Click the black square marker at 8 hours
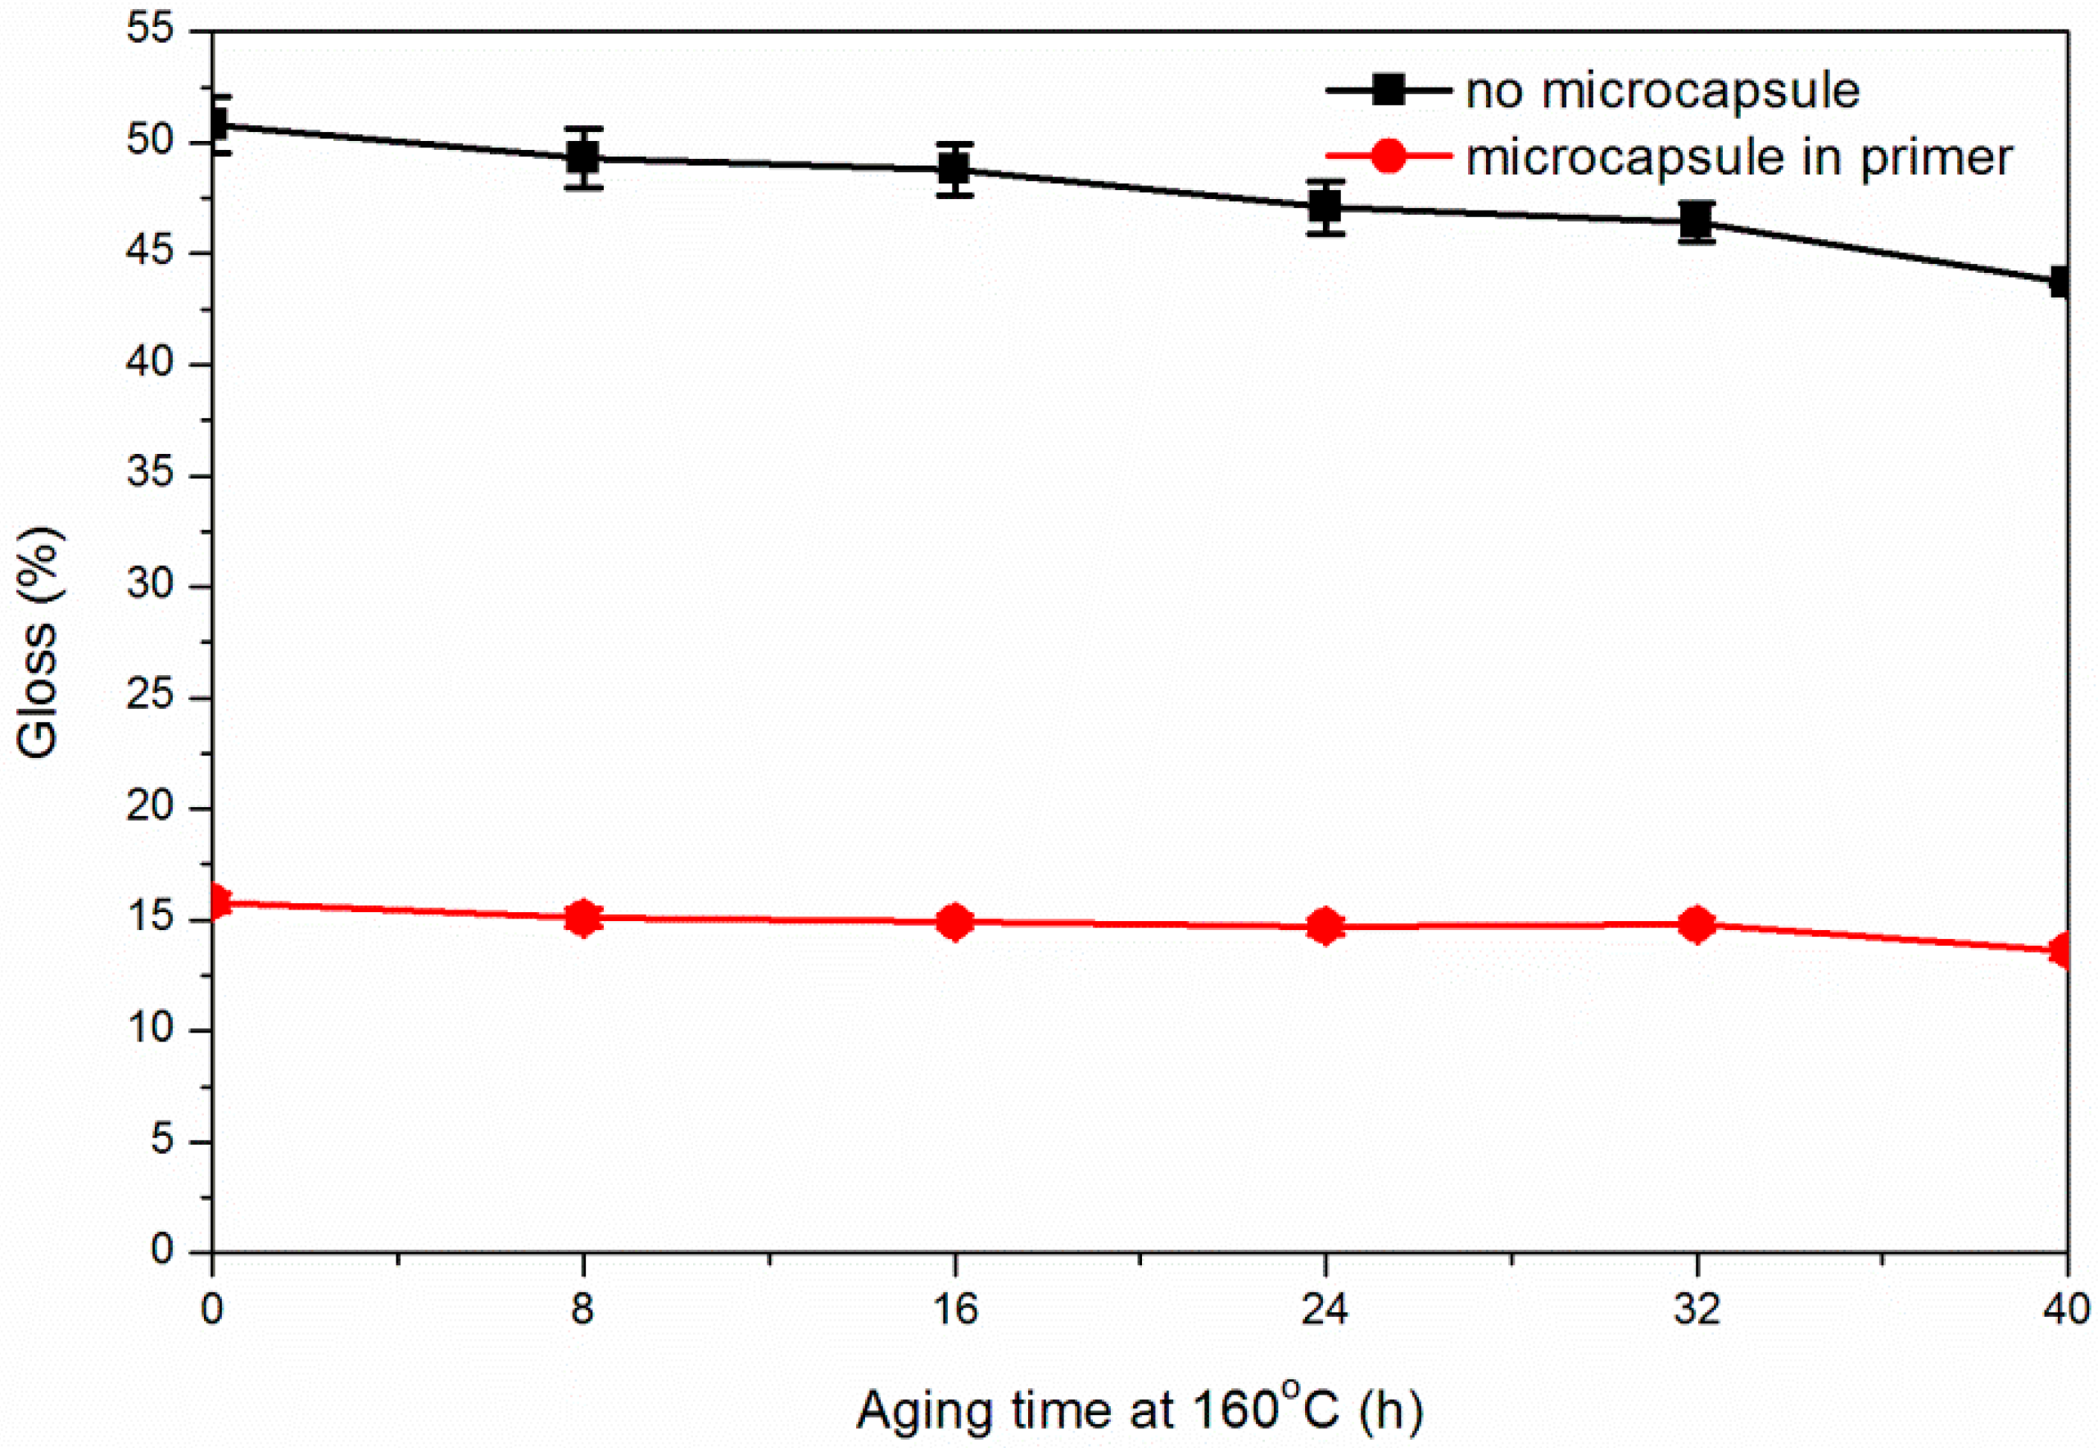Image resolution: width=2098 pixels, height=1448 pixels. pyautogui.click(x=583, y=158)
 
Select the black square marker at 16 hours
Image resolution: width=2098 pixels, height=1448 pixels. pyautogui.click(x=954, y=169)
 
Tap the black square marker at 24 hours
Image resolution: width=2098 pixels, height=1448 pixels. pyautogui.click(x=1325, y=207)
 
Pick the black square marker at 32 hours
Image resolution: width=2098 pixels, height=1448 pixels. pyautogui.click(x=1695, y=220)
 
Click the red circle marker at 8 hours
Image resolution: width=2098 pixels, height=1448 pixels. pyautogui.click(x=583, y=918)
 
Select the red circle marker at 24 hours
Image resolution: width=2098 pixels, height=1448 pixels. pyautogui.click(x=1325, y=926)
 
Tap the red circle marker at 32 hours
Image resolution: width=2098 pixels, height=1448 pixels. pyautogui.click(x=1695, y=924)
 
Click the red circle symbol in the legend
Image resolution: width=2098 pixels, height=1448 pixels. pyautogui.click(x=1388, y=156)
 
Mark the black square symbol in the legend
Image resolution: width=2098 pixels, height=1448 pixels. pyautogui.click(x=1388, y=90)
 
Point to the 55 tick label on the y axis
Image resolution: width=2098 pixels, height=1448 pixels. pyautogui.click(x=150, y=31)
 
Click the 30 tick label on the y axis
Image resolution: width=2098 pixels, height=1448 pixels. pyautogui.click(x=150, y=585)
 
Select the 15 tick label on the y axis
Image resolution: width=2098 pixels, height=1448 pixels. pyautogui.click(x=150, y=918)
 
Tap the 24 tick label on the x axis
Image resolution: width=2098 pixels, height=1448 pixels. pyautogui.click(x=1325, y=1310)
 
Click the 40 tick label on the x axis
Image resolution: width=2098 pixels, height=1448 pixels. pyautogui.click(x=2066, y=1310)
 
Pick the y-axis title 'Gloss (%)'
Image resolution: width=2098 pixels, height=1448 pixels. pyautogui.click(x=39, y=642)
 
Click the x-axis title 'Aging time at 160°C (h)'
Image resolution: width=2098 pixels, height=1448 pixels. pyautogui.click(x=1140, y=1409)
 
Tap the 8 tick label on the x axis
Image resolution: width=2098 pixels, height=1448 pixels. pyautogui.click(x=583, y=1310)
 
